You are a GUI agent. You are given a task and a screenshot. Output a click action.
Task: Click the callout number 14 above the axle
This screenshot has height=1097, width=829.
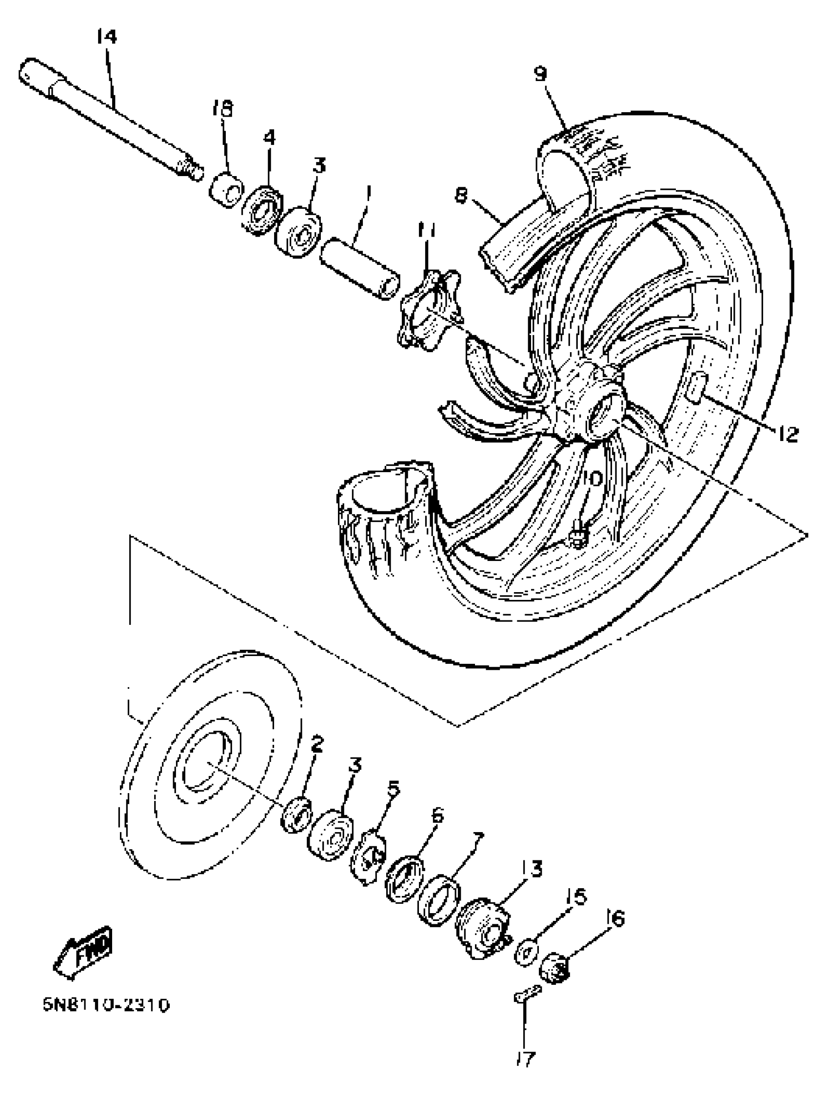[106, 37]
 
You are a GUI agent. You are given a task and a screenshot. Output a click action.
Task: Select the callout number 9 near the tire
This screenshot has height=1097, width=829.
[540, 74]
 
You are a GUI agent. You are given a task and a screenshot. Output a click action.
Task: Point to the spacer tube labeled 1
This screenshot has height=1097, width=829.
[360, 267]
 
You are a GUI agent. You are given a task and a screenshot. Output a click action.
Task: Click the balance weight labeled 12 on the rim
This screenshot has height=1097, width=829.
[696, 387]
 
